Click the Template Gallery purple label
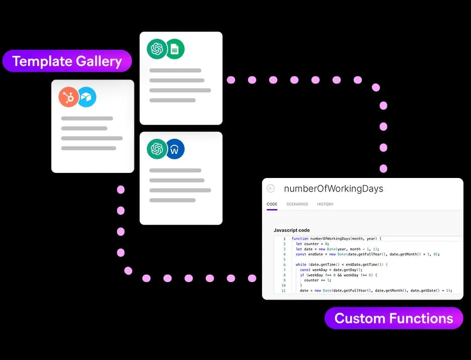[67, 61]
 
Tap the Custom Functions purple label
[394, 318]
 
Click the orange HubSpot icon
[68, 97]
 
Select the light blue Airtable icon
[87, 97]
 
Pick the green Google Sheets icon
[175, 49]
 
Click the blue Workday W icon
[175, 149]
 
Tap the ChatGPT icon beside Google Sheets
[157, 49]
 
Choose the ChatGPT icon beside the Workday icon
[157, 149]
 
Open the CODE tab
[272, 204]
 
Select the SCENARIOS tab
[297, 204]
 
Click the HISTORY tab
[325, 204]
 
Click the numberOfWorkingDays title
[334, 189]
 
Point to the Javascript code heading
[291, 230]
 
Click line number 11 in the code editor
[284, 291]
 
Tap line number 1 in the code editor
[284, 239]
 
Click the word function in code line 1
[300, 239]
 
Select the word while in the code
[301, 264]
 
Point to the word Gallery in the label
[99, 61]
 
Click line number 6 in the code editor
[284, 265]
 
